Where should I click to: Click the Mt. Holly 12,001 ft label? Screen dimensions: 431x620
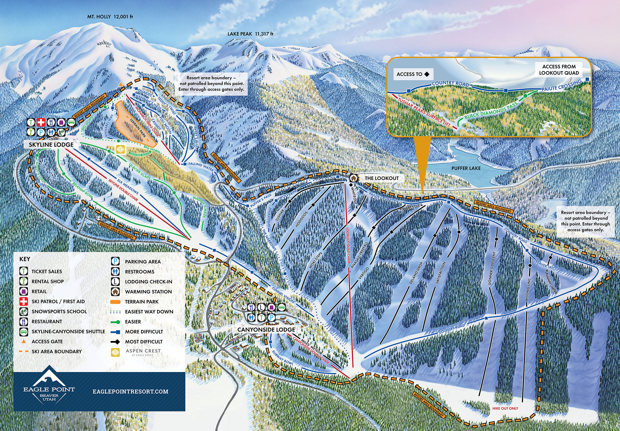click(x=110, y=16)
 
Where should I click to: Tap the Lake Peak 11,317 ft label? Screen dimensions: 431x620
click(x=250, y=34)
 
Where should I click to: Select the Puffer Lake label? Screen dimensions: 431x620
click(x=466, y=168)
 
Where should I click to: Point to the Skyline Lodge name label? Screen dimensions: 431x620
click(x=51, y=145)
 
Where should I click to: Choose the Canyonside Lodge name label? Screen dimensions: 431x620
click(x=266, y=330)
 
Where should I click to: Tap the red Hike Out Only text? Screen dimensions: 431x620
click(x=505, y=408)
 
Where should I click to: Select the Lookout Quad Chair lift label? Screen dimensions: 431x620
click(x=348, y=245)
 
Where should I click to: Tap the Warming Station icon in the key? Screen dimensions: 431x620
click(x=115, y=292)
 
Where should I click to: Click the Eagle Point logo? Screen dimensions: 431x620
click(x=49, y=385)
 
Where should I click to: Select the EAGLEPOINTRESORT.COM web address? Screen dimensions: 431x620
click(x=131, y=392)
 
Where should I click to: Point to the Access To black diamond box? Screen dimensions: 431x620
click(x=413, y=74)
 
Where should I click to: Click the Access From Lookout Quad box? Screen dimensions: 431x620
click(x=559, y=70)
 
